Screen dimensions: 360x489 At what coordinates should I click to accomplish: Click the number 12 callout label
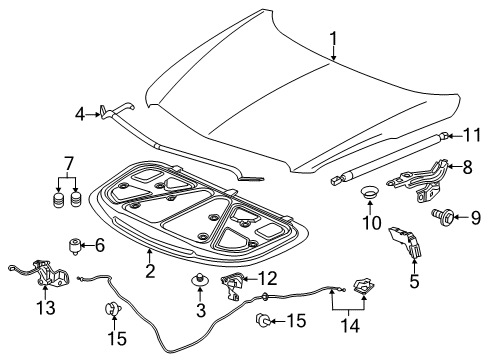tap(266, 278)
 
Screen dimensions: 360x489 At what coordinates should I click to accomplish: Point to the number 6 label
tap(99, 245)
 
